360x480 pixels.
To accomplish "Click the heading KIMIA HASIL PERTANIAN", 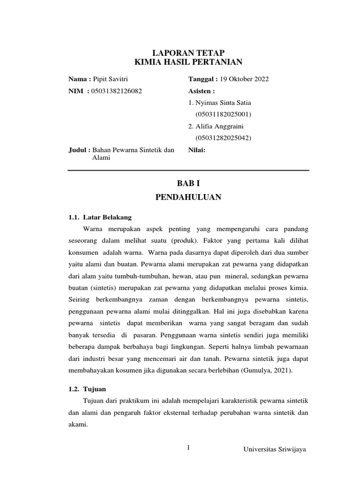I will pyautogui.click(x=188, y=62).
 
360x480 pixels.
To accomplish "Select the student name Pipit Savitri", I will pyautogui.click(x=113, y=79).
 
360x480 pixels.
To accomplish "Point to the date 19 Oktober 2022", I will pyautogui.click(x=244, y=79).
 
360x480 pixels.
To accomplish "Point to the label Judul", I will pyautogui.click(x=79, y=150).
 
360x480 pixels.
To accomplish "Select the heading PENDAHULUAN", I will pyautogui.click(x=188, y=198).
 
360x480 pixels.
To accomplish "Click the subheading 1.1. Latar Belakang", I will pyautogui.click(x=100, y=217).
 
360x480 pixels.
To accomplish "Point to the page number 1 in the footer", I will pyautogui.click(x=188, y=448).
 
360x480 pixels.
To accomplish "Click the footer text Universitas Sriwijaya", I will pyautogui.click(x=275, y=450).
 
